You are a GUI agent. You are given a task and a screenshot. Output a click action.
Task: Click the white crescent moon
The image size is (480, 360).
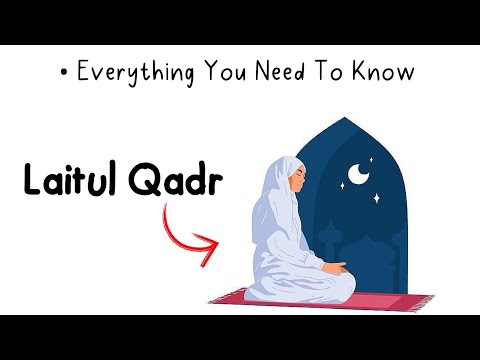pos(357,177)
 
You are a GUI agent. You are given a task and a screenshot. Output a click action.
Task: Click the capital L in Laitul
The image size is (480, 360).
pos(33,183)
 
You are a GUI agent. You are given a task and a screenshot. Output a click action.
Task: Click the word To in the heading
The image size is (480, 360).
pos(337,73)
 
